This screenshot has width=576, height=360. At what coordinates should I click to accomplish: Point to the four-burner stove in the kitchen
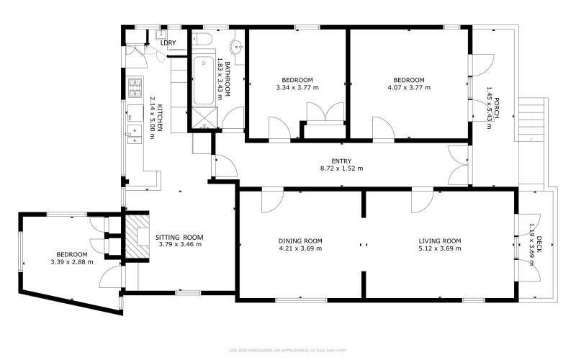pyautogui.click(x=134, y=88)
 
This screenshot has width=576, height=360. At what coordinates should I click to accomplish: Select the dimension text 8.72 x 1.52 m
pyautogui.click(x=341, y=169)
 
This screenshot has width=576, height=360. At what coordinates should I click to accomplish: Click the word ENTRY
pyautogui.click(x=341, y=161)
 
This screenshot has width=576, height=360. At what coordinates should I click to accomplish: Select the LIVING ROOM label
pyautogui.click(x=439, y=240)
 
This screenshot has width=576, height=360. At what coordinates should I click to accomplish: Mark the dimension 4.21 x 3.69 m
pyautogui.click(x=300, y=249)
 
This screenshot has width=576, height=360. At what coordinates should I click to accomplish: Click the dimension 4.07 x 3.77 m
pyautogui.click(x=408, y=88)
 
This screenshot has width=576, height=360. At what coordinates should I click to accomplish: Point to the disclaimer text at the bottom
pyautogui.click(x=288, y=350)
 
